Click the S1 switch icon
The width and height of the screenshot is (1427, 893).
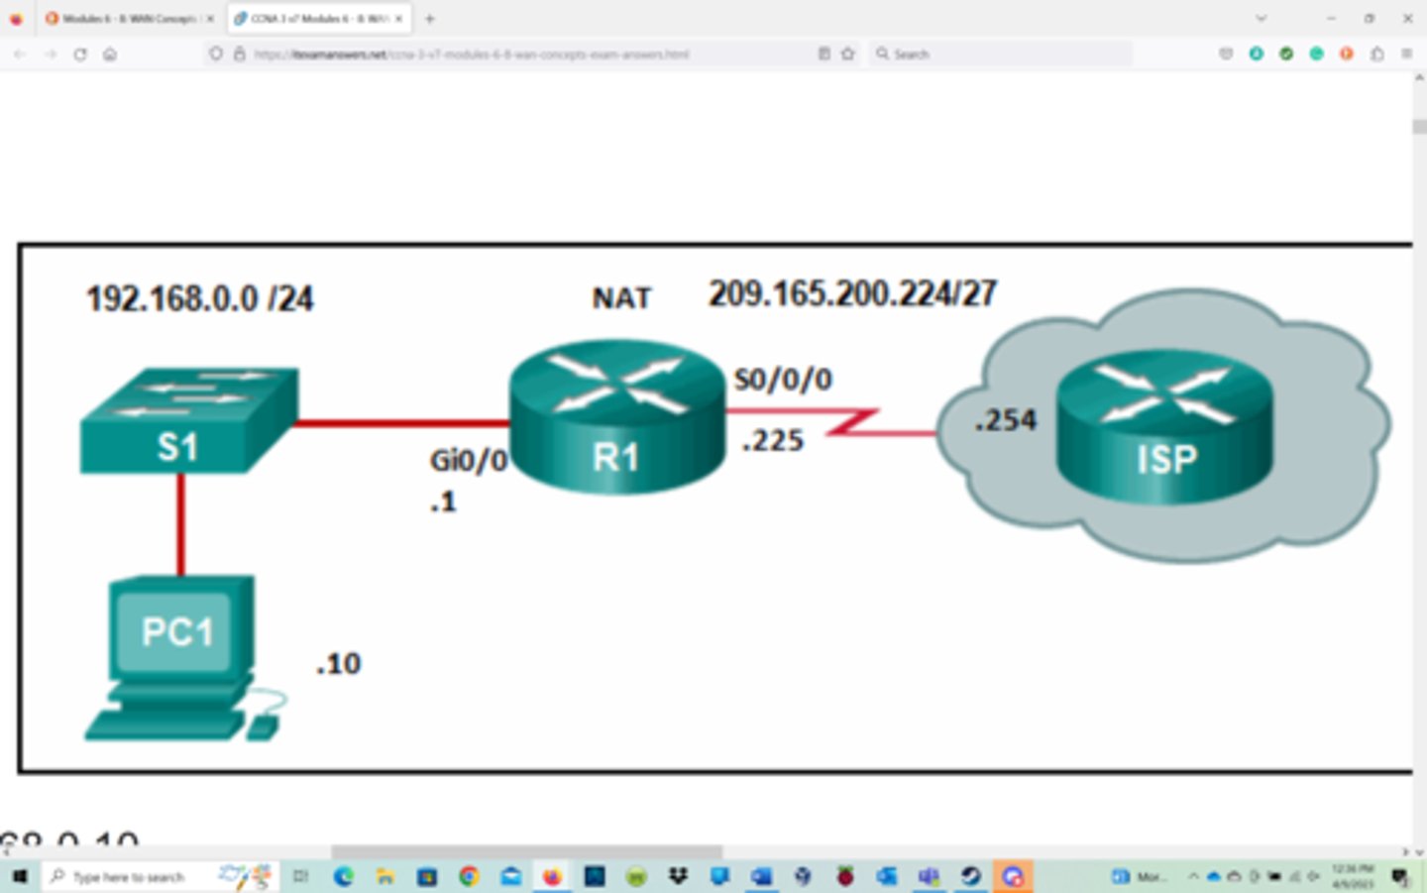tap(188, 421)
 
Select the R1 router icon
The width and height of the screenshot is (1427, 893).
tap(616, 419)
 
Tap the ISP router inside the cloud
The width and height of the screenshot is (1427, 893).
tap(1164, 428)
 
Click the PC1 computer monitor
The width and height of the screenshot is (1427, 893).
tap(178, 630)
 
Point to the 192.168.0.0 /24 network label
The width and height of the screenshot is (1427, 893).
tap(199, 298)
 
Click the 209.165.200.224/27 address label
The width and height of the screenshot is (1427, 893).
tap(852, 293)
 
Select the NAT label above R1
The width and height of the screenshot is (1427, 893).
tap(621, 297)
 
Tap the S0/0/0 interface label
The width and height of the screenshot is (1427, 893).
tap(783, 379)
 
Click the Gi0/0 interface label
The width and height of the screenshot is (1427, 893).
tap(468, 460)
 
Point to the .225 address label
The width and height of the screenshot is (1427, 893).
tap(773, 440)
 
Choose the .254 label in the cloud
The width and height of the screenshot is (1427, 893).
tap(1005, 420)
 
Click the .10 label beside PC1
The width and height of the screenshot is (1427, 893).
tap(339, 663)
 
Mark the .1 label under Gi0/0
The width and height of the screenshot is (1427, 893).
tap(443, 502)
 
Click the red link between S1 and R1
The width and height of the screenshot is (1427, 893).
tap(401, 423)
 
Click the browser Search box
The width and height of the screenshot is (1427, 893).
tap(1001, 54)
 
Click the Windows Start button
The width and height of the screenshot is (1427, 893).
tap(18, 876)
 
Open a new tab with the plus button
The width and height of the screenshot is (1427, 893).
tap(429, 19)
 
